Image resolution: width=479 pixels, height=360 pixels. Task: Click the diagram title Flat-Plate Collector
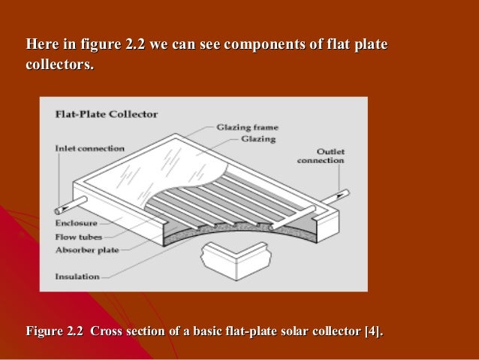click(107, 115)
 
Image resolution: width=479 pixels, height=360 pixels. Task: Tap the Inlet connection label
click(89, 148)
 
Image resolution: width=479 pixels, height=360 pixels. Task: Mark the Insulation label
click(77, 276)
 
